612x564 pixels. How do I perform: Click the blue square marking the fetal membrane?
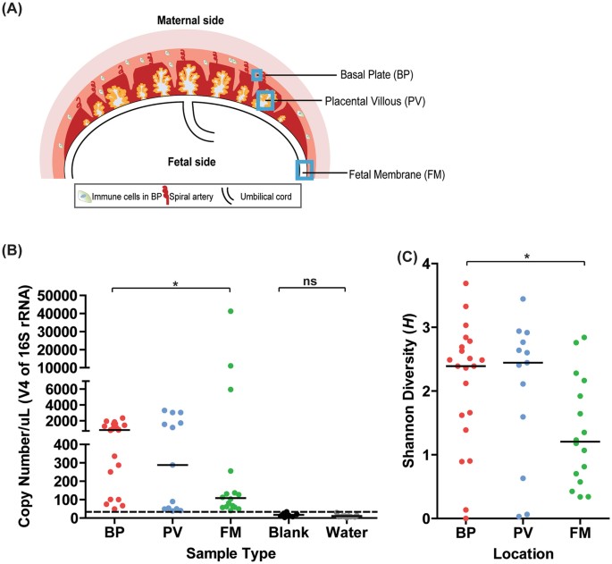[x=306, y=169]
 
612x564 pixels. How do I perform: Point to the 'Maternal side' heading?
[x=189, y=20]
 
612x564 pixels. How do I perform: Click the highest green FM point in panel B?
[x=231, y=311]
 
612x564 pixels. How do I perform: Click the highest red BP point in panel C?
[x=465, y=283]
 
